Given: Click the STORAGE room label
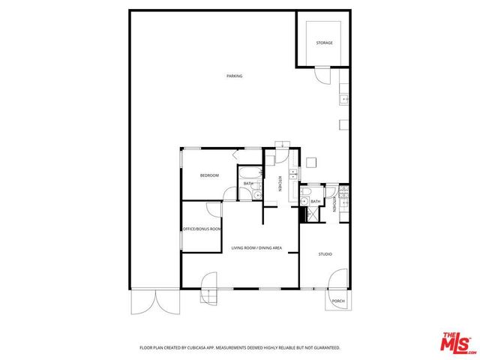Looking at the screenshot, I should (324, 43).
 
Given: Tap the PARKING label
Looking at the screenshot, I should (235, 76).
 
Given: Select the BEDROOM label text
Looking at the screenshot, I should (209, 175).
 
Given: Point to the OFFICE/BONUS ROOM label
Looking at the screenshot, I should (202, 229).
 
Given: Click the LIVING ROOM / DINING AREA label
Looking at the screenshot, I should (256, 247).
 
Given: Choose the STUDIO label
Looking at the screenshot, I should (325, 254).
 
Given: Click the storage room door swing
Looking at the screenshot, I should (322, 76).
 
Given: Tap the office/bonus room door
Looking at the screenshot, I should (214, 211).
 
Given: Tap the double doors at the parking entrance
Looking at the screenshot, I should (155, 301).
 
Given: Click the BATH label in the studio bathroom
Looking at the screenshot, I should (316, 201).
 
